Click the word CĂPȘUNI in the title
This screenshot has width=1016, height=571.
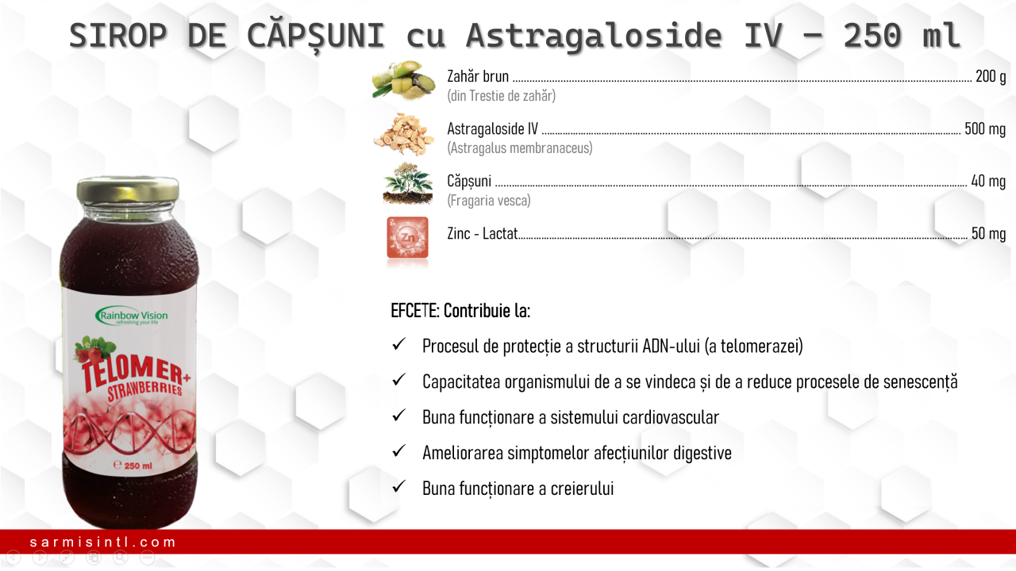tap(316, 36)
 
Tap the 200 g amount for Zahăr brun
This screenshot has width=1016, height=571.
tap(991, 77)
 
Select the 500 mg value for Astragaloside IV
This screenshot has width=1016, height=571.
tap(985, 128)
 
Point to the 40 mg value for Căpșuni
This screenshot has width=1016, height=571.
tap(988, 182)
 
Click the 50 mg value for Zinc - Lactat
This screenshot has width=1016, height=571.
tap(988, 233)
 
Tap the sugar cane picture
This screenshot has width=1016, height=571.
tap(403, 81)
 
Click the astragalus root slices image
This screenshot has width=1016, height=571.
tap(402, 135)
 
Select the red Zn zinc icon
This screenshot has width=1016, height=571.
tap(407, 237)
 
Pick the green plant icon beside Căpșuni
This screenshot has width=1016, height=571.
tap(407, 184)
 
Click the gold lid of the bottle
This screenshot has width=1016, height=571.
tap(128, 190)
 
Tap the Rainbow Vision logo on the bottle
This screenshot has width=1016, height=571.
tap(132, 316)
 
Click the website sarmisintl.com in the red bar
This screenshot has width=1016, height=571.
tap(102, 542)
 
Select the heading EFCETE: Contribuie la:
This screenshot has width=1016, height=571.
tap(460, 311)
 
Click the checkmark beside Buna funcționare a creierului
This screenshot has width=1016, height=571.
tap(398, 487)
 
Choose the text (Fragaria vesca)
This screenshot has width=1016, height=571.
tap(488, 201)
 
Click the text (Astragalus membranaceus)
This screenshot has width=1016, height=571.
tap(520, 148)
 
